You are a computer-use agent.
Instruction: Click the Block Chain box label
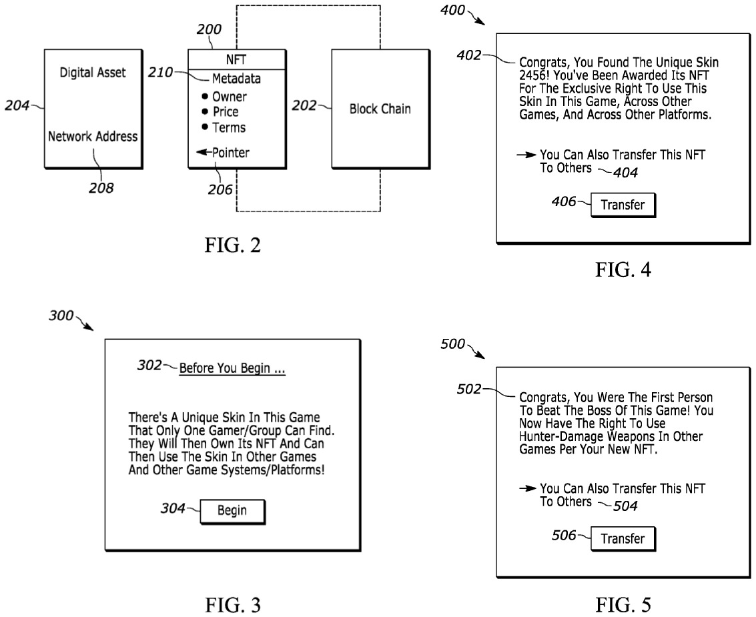pyautogui.click(x=380, y=109)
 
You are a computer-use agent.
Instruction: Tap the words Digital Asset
pyautogui.click(x=93, y=72)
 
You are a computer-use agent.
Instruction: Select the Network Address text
pyautogui.click(x=93, y=137)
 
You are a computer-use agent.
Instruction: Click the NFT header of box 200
pyautogui.click(x=236, y=60)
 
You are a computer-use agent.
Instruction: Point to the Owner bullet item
pyautogui.click(x=224, y=97)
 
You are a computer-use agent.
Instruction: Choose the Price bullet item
pyautogui.click(x=220, y=112)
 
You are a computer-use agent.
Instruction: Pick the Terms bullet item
pyautogui.click(x=224, y=128)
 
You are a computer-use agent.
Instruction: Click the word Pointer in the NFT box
pyautogui.click(x=231, y=153)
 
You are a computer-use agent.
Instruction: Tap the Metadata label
pyautogui.click(x=236, y=79)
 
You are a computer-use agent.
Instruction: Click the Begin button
pyautogui.click(x=232, y=510)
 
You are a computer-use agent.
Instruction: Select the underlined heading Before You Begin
pyautogui.click(x=232, y=368)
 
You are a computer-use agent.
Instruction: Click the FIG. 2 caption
pyautogui.click(x=232, y=245)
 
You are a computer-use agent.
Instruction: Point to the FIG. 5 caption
pyautogui.click(x=623, y=604)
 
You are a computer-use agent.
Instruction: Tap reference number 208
pyautogui.click(x=101, y=187)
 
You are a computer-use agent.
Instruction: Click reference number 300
pyautogui.click(x=61, y=316)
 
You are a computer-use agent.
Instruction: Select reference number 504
pyautogui.click(x=625, y=506)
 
